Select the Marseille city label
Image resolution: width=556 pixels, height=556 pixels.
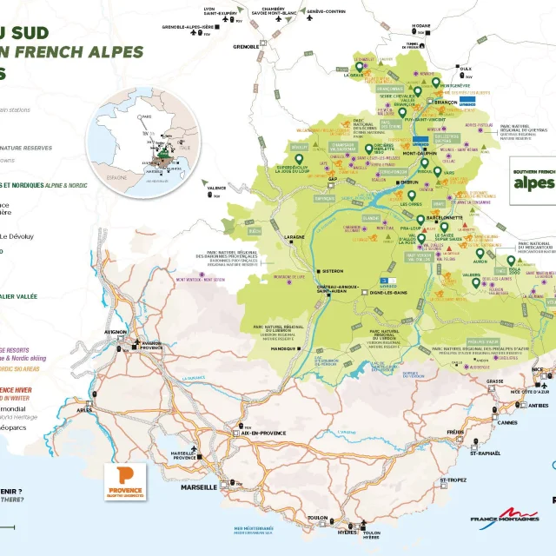tap(201, 487)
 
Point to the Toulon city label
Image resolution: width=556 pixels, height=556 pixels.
tap(317, 519)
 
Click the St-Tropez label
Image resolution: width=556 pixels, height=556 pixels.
tap(453, 480)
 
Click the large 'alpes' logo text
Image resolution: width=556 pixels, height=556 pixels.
tap(532, 183)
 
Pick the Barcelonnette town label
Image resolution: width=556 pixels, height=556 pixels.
tap(446, 217)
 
